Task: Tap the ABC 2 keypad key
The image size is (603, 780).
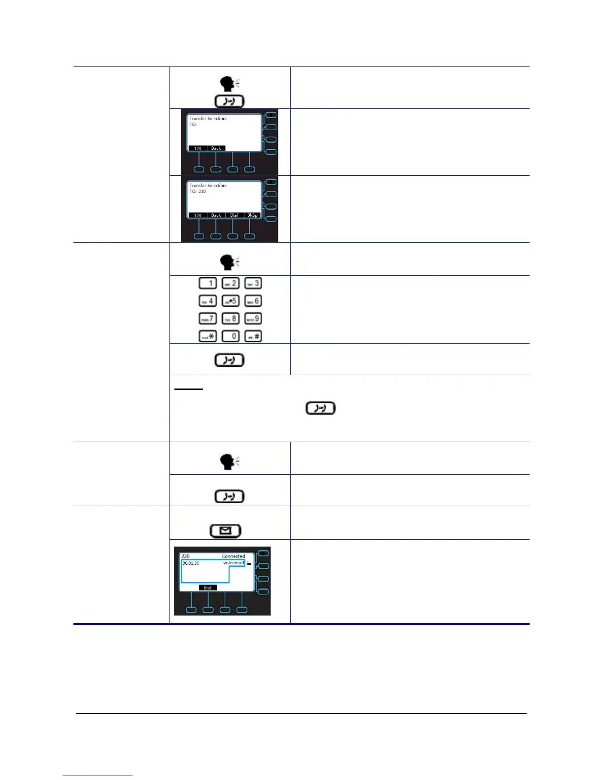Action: [231, 284]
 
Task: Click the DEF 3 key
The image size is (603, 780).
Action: [253, 284]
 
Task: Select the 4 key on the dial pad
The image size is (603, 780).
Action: [207, 301]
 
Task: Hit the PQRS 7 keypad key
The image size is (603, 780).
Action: [207, 319]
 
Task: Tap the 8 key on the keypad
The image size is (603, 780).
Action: [231, 319]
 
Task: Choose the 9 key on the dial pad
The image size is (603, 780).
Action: [253, 319]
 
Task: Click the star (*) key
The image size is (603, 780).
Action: [207, 336]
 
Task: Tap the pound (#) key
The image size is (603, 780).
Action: [253, 336]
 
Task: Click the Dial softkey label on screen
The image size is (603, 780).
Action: [234, 215]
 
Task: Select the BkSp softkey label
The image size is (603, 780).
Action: [252, 215]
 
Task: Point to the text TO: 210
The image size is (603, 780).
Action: [198, 192]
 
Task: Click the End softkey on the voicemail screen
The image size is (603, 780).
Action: [207, 588]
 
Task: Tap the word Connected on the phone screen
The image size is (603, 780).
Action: [233, 556]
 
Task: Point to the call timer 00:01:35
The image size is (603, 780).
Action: [191, 563]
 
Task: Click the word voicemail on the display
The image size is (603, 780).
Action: [234, 563]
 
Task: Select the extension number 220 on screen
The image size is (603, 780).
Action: [186, 556]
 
